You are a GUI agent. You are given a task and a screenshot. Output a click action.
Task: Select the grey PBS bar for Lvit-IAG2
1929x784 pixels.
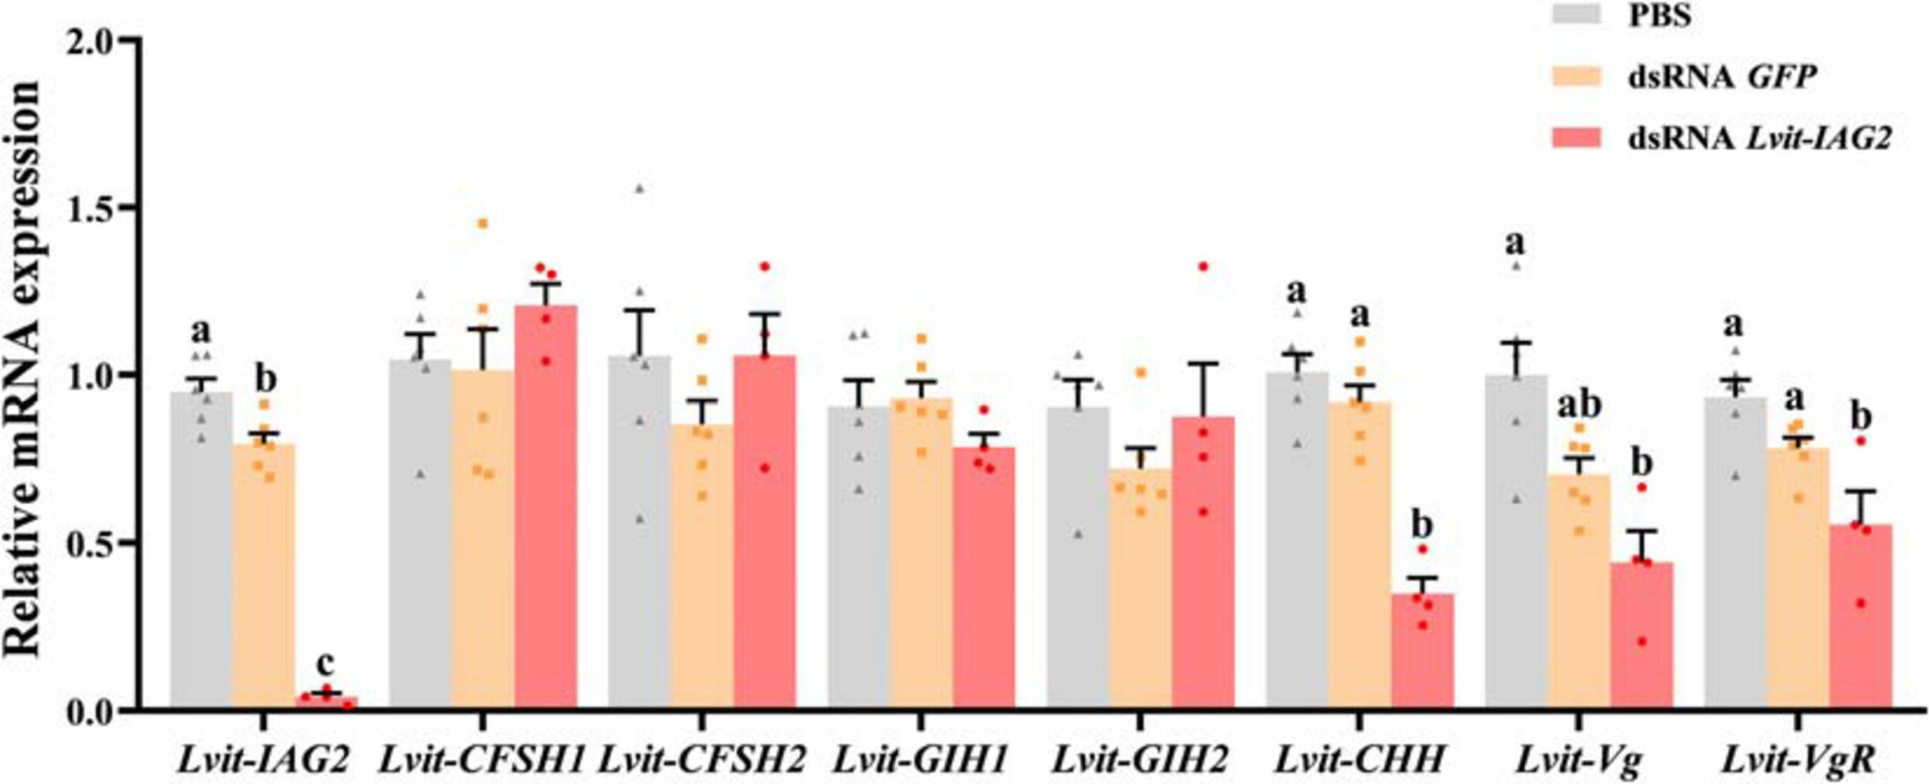[201, 549]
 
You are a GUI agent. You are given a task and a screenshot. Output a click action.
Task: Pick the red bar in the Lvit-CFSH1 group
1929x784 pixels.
[546, 506]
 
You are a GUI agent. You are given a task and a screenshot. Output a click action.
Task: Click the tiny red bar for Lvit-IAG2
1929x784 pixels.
[327, 701]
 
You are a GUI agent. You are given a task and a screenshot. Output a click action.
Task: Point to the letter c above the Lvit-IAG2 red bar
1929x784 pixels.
[326, 661]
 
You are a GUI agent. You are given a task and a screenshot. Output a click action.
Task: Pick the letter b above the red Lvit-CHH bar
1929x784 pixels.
[1422, 525]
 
